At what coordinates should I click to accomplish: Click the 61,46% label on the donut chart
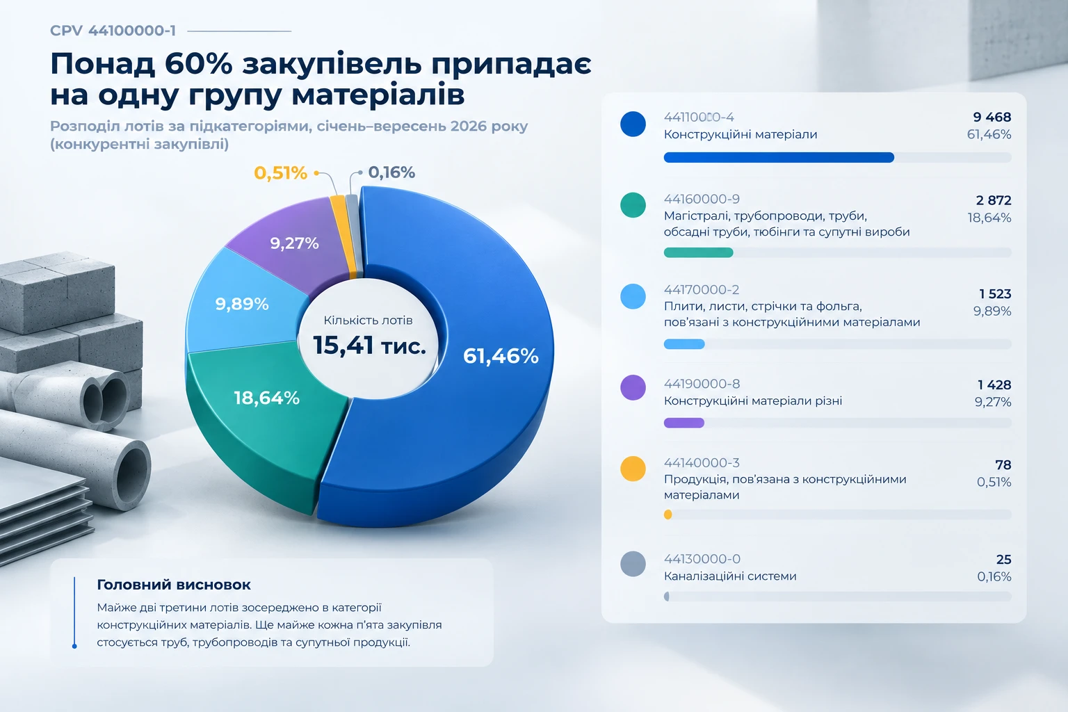(501, 356)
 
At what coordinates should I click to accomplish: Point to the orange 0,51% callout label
(280, 172)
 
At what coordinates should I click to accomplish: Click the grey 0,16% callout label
(391, 172)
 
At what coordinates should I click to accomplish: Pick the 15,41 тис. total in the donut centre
(369, 346)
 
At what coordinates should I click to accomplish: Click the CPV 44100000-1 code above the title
(113, 31)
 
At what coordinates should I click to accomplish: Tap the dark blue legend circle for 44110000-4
(633, 124)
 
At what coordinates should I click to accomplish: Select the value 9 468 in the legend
(992, 117)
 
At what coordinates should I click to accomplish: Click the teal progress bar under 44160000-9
(699, 252)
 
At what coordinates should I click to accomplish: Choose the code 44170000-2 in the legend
(702, 289)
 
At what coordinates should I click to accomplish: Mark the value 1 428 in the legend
(994, 385)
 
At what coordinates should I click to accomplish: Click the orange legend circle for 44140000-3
(633, 469)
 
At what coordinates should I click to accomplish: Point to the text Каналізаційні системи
(730, 576)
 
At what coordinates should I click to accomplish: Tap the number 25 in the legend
(1003, 559)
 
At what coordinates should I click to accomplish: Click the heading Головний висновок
(174, 585)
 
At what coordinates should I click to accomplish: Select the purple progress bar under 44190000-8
(683, 423)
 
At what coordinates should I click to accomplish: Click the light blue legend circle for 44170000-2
(633, 296)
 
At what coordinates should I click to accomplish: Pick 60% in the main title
(198, 64)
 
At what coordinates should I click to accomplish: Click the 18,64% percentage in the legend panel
(989, 218)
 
